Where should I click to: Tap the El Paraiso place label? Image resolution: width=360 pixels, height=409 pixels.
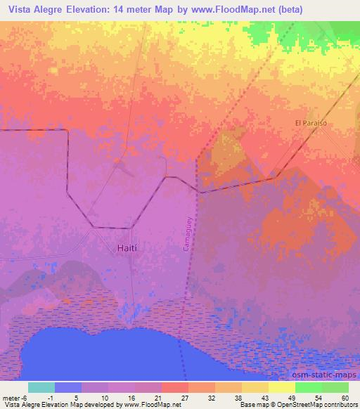[x=311, y=123]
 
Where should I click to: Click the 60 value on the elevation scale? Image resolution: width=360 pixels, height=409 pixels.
[x=345, y=397]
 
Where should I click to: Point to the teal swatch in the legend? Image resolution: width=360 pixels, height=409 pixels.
[x=41, y=387]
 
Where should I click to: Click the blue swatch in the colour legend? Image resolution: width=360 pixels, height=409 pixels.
[x=68, y=387]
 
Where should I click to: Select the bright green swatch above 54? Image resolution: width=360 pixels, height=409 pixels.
[x=309, y=387]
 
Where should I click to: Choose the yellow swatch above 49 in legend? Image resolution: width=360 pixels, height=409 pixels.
[x=282, y=387]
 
